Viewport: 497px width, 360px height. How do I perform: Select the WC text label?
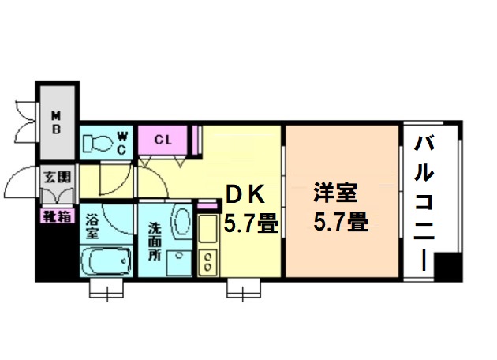click(x=122, y=143)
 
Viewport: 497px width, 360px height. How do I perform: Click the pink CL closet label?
click(x=163, y=141)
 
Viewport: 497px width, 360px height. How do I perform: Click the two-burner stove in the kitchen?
click(x=208, y=261)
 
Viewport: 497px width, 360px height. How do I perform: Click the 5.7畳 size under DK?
click(x=250, y=223)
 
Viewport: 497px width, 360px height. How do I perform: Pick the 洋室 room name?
click(x=336, y=193)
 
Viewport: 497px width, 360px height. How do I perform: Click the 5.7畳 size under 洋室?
click(x=340, y=223)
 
